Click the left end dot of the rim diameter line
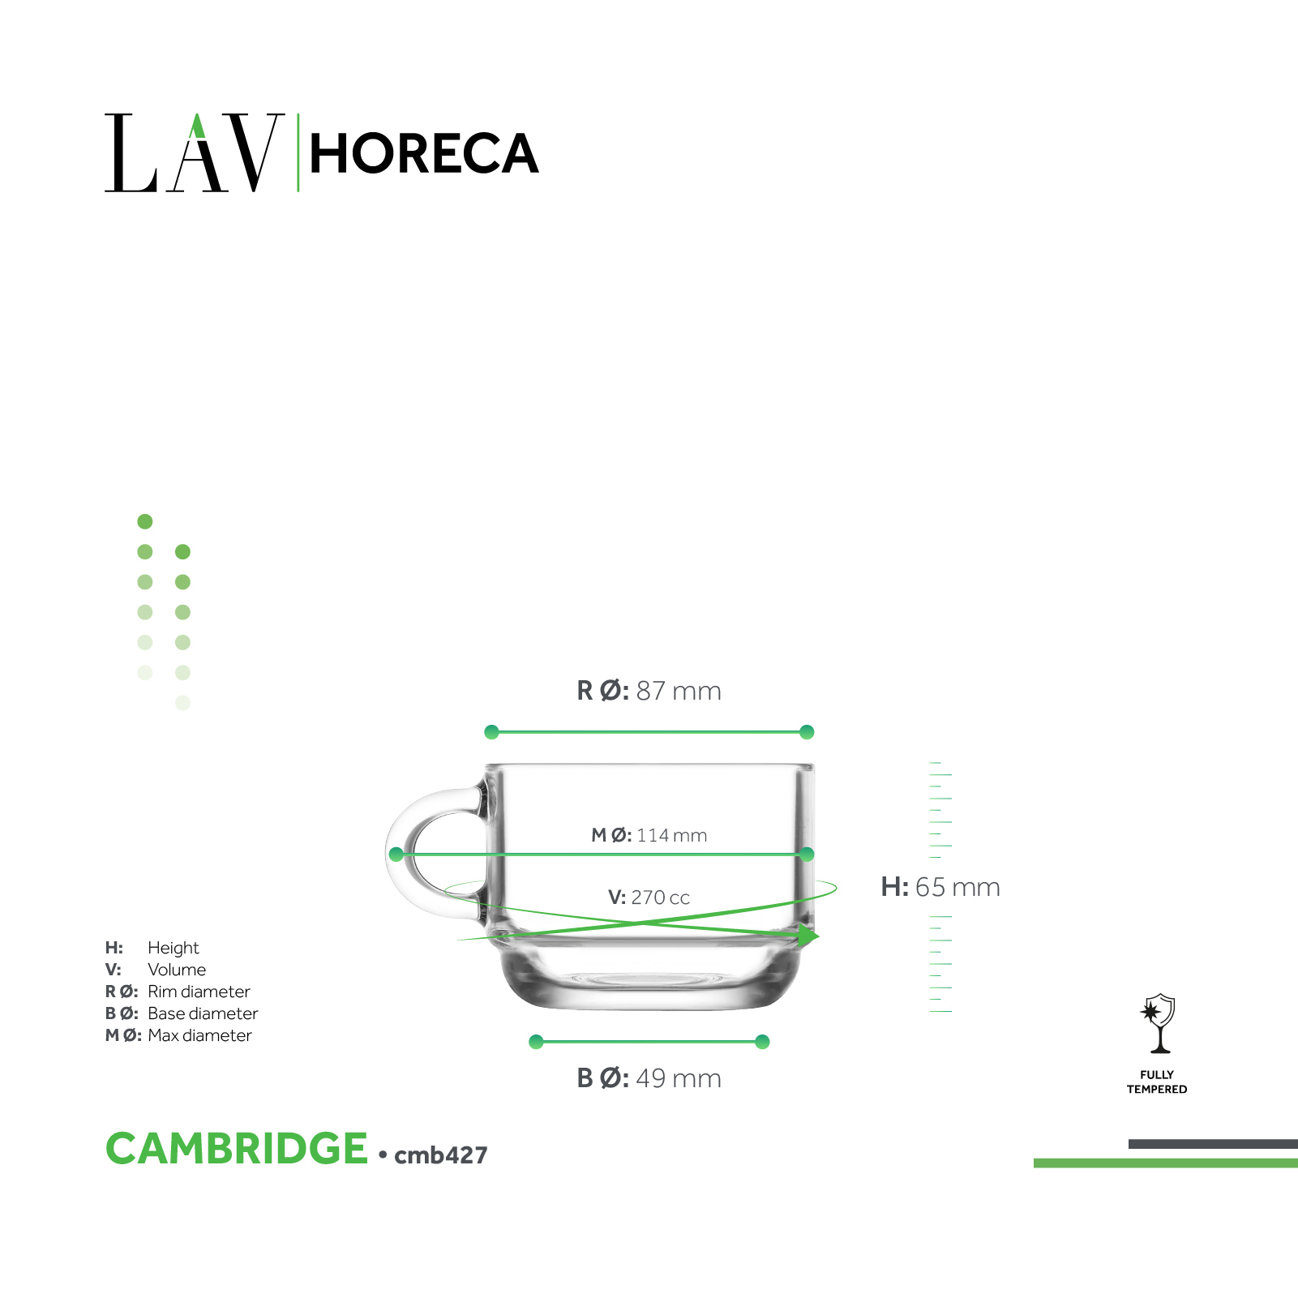[x=491, y=732]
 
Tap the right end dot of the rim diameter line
[x=807, y=732]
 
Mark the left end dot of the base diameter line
[x=536, y=1042]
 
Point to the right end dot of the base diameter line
[x=762, y=1042]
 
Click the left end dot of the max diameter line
[x=396, y=854]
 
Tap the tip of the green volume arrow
[x=820, y=936]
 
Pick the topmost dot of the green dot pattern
[x=145, y=521]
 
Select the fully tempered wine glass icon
[x=1159, y=1023]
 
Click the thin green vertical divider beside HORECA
[x=298, y=152]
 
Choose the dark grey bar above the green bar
[x=1213, y=1144]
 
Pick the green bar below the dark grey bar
[x=1166, y=1163]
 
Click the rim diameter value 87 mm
[x=679, y=691]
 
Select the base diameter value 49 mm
[x=679, y=1078]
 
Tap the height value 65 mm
[x=957, y=887]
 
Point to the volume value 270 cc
[x=661, y=897]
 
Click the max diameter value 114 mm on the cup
[x=672, y=835]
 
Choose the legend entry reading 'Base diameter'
[x=203, y=1013]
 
